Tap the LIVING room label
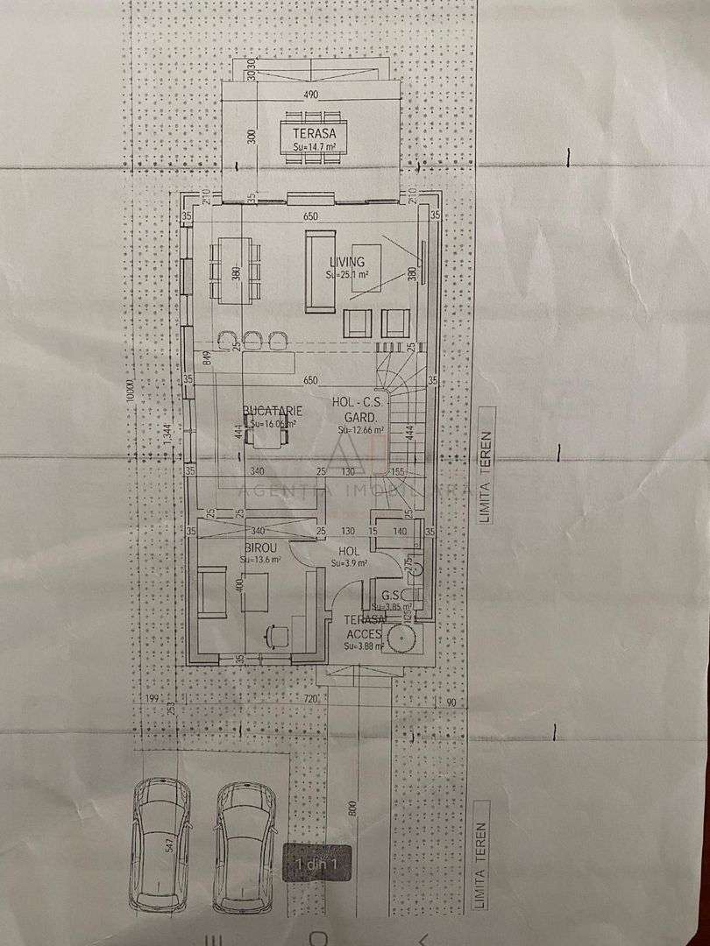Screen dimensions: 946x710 [347, 262]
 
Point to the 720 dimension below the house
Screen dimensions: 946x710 [309, 700]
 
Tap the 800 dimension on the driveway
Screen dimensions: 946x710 [352, 808]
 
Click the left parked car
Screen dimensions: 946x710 [161, 843]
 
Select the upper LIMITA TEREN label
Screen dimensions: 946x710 [485, 464]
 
